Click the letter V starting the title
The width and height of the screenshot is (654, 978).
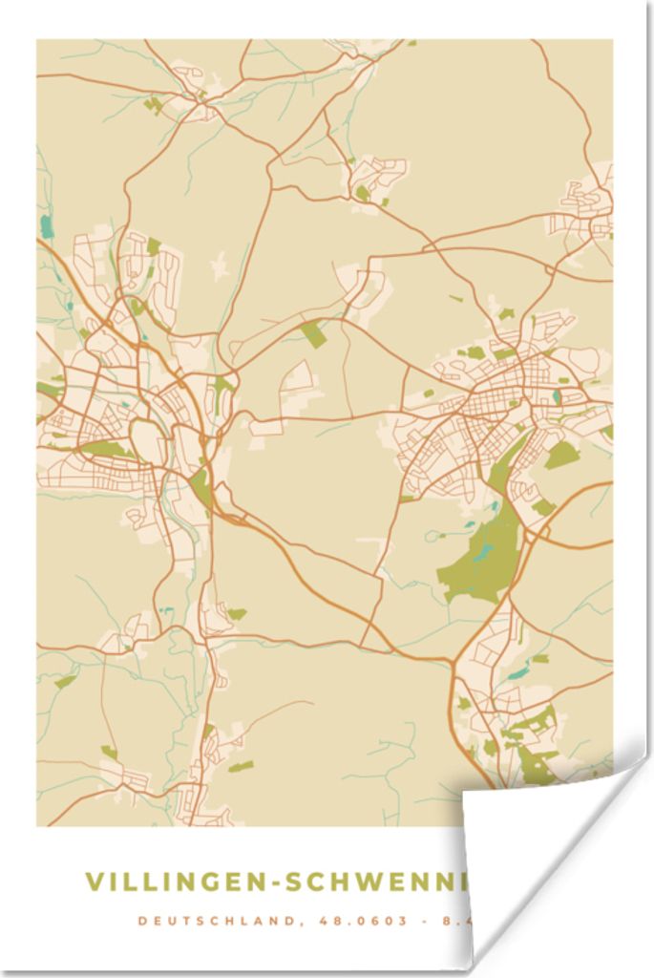pos(93,882)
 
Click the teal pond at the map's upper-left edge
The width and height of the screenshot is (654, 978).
pos(46,226)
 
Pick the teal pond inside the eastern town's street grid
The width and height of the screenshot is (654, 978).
pos(557,395)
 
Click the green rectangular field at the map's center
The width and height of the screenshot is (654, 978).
pos(312,334)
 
